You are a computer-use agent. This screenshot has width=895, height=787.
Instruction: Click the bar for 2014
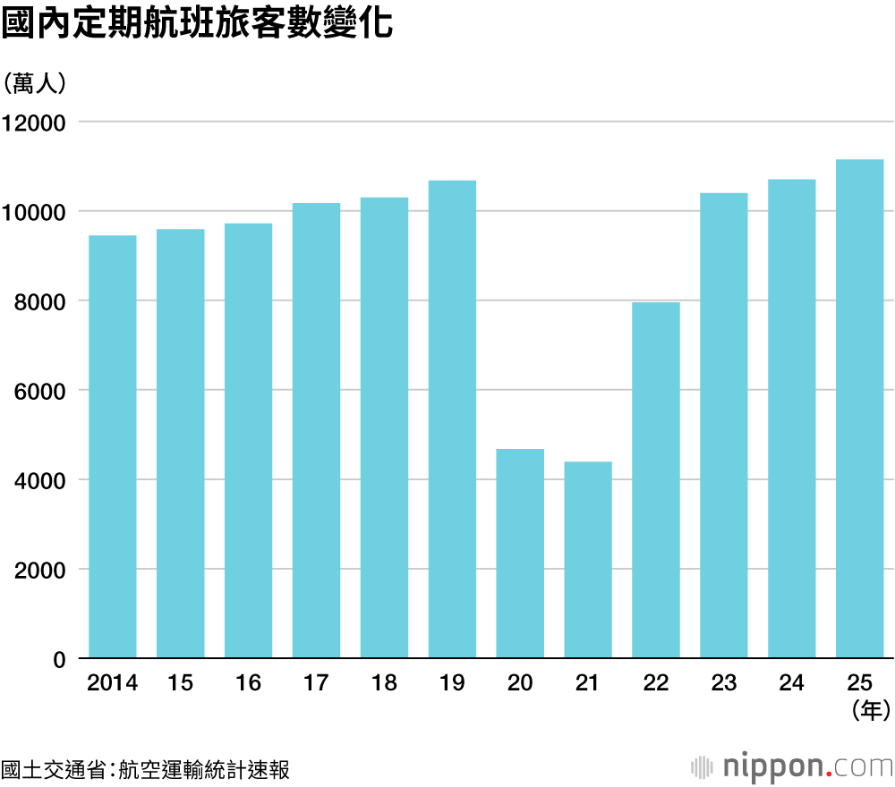click(113, 447)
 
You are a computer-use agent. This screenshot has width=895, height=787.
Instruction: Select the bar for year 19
click(452, 420)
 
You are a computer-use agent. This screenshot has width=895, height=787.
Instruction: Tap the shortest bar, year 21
click(588, 560)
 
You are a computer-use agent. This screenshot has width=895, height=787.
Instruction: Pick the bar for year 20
click(520, 554)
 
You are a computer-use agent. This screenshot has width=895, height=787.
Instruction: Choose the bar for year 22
click(656, 480)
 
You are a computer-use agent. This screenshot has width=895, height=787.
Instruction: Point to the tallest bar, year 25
click(860, 409)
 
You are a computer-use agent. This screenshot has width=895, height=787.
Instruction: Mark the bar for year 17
click(316, 431)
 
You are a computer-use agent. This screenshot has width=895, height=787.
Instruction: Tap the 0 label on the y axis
click(60, 660)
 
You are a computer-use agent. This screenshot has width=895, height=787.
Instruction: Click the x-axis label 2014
click(113, 683)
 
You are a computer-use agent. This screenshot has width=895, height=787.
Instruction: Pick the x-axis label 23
click(724, 683)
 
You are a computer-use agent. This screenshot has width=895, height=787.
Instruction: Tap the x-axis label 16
click(248, 683)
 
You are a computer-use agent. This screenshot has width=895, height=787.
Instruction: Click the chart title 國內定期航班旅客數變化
click(197, 24)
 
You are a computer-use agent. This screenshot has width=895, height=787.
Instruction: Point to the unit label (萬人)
click(36, 83)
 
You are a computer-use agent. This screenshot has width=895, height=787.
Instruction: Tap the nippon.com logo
click(792, 766)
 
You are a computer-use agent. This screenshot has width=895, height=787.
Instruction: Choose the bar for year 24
click(792, 419)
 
